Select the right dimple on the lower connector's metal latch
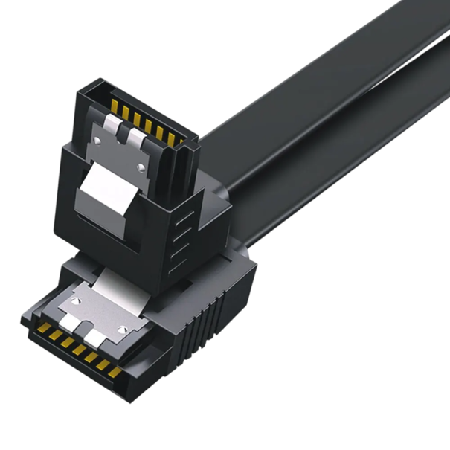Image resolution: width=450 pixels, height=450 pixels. click(x=122, y=329)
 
